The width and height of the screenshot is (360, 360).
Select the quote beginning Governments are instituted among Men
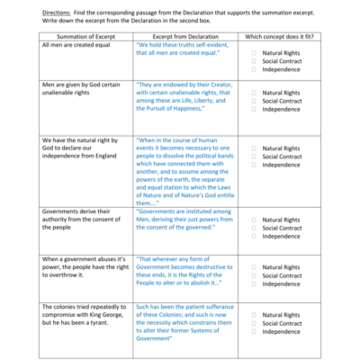point(185,219)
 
